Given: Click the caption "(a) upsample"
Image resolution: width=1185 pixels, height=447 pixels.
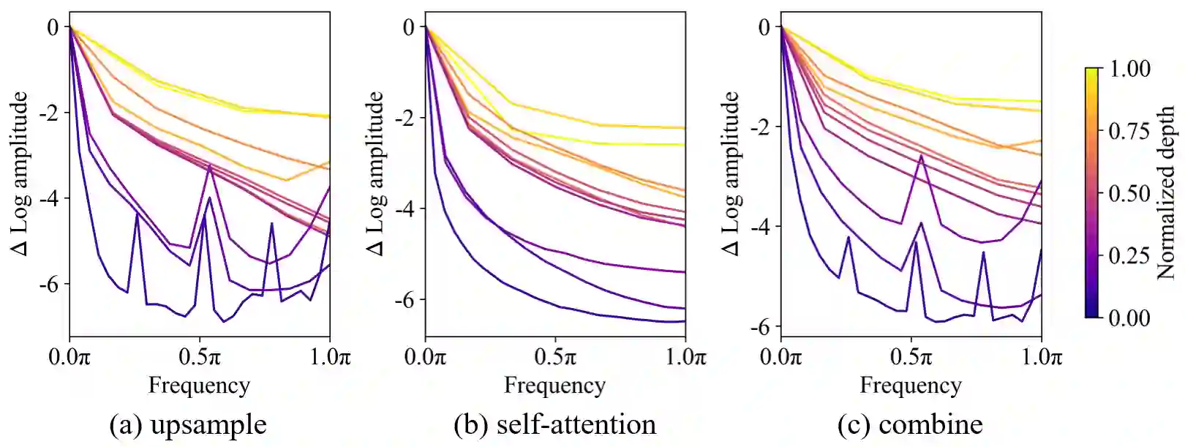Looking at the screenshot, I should point(188,425).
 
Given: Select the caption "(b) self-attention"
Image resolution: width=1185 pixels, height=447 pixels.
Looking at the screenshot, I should point(554,425).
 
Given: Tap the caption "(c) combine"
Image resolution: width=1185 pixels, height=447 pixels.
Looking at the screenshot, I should point(910,425).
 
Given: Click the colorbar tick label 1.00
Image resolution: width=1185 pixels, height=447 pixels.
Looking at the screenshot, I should point(1129,69).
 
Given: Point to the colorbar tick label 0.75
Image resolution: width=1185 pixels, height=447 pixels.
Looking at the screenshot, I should point(1129,131).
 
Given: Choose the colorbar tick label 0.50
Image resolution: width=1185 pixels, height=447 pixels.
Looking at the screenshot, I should point(1129,193).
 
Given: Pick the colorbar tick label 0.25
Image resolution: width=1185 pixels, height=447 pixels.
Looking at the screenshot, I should point(1129,255).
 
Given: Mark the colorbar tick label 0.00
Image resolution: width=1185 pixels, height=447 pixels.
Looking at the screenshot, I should point(1129,318).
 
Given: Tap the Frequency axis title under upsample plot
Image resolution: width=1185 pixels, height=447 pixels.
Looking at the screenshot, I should point(199,386).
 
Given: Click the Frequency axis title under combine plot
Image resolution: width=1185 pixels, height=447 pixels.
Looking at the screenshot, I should point(910,386).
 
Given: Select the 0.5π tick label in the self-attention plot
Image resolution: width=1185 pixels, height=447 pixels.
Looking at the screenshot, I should point(554,358).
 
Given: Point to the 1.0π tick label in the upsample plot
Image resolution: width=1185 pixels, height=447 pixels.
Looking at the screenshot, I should point(330,358).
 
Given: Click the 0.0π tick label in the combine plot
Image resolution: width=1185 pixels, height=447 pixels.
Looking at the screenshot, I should point(780,358).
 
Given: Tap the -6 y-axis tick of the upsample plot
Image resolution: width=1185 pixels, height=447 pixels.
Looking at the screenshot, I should point(50,284).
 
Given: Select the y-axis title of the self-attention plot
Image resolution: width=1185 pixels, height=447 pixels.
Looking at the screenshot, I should point(375,174).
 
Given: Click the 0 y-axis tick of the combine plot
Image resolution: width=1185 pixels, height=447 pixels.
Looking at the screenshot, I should point(764,27).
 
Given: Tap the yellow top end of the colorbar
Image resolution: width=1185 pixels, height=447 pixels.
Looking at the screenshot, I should point(1092,72).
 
